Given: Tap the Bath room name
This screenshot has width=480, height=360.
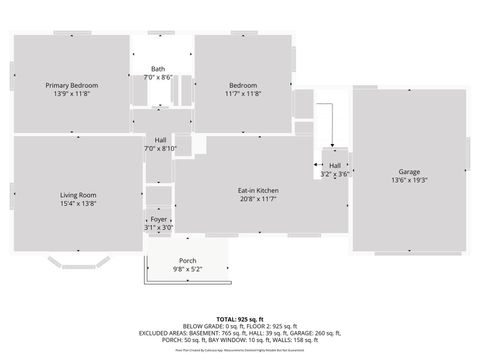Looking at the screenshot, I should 158,69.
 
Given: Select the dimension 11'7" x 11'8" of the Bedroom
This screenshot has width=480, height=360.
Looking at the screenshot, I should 243,94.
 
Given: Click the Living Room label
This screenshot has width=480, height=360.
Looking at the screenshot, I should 77,195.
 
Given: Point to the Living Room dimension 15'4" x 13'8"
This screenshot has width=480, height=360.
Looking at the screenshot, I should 77,204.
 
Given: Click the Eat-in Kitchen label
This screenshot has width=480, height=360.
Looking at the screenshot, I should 257,190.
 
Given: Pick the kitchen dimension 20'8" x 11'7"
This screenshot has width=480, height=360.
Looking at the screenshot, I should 257,199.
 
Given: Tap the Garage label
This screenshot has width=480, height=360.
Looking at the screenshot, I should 409,171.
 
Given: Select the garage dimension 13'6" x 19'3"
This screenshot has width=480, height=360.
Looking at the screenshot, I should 409,180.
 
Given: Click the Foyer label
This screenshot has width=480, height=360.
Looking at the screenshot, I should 158,218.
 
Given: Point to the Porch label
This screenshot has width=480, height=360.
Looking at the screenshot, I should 187,259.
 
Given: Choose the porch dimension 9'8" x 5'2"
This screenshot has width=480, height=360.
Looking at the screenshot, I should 187,268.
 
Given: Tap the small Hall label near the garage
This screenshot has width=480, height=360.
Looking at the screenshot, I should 335,165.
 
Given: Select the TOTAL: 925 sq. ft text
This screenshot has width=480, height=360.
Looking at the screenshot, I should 240,318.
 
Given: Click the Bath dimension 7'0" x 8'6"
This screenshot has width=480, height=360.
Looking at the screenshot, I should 158,77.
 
